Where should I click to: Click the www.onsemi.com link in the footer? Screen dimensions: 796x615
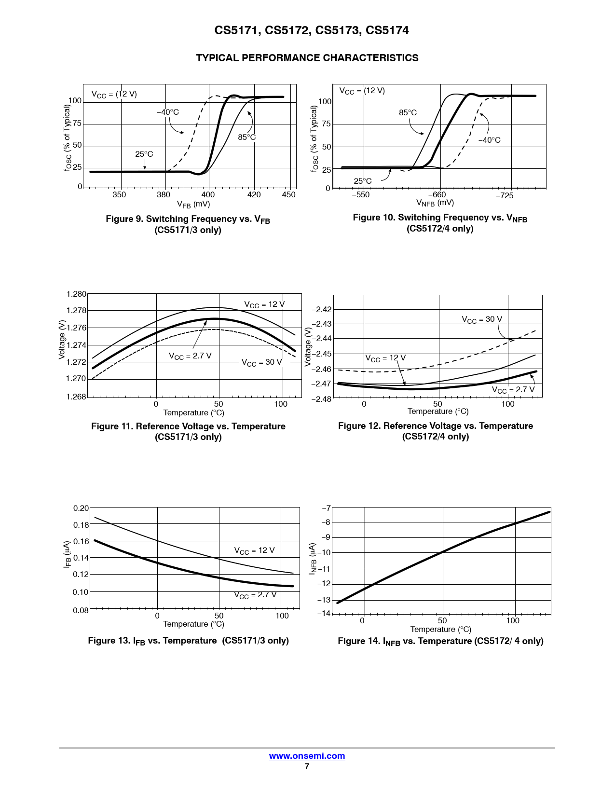(307, 756)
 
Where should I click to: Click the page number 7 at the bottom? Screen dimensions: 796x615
(307, 766)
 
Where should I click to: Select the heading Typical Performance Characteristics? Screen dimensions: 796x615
(307, 58)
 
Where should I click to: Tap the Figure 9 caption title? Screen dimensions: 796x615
(188, 220)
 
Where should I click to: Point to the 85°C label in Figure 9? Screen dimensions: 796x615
(246, 137)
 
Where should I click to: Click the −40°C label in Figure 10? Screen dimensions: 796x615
(489, 140)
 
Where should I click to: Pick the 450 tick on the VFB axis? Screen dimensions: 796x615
(288, 194)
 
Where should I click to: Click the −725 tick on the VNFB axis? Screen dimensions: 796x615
(505, 195)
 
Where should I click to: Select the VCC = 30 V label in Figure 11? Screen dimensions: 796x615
(261, 362)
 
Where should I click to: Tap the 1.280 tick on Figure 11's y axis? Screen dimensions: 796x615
(76, 294)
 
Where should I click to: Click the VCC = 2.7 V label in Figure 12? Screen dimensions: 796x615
(513, 390)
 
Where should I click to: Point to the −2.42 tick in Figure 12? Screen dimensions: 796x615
(322, 309)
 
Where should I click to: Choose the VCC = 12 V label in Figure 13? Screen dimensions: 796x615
(254, 550)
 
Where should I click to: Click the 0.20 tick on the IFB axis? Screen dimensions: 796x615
(81, 508)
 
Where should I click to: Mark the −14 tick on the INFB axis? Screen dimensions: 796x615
(324, 613)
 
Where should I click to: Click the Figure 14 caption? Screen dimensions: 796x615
(440, 641)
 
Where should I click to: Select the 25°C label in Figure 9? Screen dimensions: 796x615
(144, 154)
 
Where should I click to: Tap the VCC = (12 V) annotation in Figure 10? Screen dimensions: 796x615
(362, 91)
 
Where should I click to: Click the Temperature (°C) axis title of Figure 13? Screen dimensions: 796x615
(193, 624)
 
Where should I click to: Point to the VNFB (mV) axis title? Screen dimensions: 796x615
(435, 203)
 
